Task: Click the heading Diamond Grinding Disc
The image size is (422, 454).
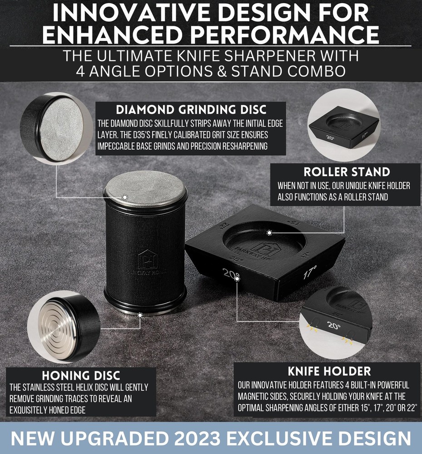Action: pos(191,110)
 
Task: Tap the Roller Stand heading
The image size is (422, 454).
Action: pos(347,172)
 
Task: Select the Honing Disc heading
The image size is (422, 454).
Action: pos(81,375)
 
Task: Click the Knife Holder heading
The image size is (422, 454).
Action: pos(329,371)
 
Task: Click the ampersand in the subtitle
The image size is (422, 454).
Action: pos(222,71)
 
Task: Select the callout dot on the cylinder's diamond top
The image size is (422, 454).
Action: pos(124,197)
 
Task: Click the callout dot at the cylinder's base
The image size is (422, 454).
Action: pos(140,315)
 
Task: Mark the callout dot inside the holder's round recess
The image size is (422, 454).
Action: pos(269,232)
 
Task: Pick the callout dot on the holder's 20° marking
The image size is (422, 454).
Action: pos(237,279)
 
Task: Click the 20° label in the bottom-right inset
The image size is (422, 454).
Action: pos(334,326)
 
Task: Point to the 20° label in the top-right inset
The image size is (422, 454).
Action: pos(330,138)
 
